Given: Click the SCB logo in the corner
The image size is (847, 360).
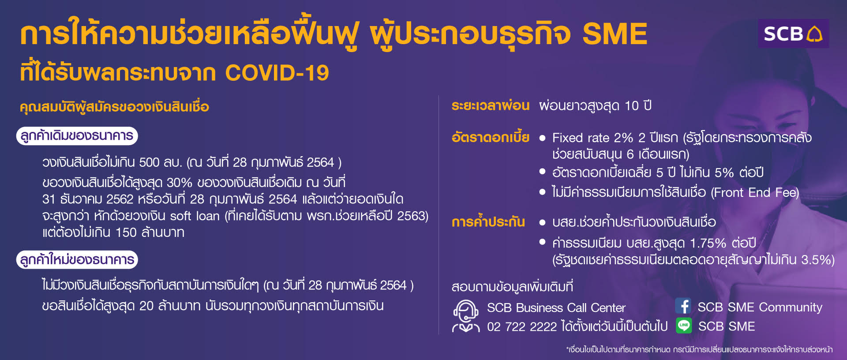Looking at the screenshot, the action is pos(793,34).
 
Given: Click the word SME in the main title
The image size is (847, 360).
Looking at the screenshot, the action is pos(615,34).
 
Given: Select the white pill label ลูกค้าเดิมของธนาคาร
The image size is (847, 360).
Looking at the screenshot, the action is pos(77,135).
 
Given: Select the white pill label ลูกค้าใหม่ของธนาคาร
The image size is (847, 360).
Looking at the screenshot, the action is pos(77,259).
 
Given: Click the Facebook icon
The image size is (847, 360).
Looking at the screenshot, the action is pos(683,306).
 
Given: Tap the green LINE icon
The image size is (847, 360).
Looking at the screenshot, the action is pos(683,326).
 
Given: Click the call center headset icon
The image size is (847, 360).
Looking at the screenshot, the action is pos(466,316).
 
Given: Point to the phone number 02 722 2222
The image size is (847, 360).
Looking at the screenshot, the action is pos(522,326).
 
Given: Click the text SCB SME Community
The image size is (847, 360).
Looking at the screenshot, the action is pos(760,307).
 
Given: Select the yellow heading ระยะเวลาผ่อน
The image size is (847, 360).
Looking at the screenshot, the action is pos(490,106).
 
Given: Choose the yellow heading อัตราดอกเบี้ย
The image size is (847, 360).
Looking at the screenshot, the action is pos(490,137).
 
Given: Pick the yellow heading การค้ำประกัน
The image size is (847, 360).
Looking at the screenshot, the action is pos(488,221).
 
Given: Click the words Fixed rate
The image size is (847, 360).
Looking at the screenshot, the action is pos(581,138).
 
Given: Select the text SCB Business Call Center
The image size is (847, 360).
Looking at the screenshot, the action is pos(556,307).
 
